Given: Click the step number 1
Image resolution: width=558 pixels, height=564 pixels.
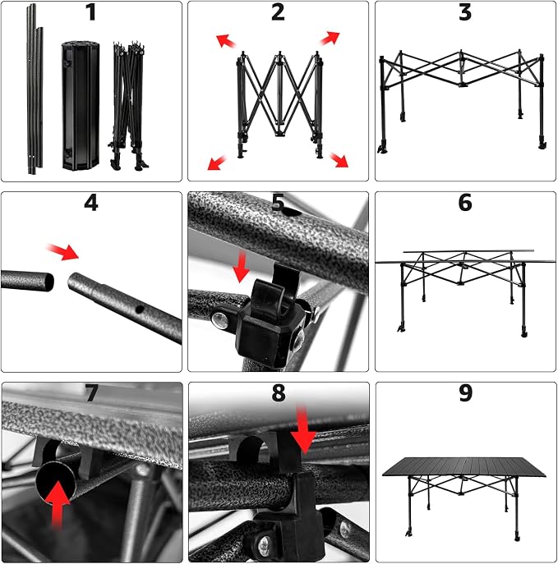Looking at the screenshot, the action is (x=90, y=11).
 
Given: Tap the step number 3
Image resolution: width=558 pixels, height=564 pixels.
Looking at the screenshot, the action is (x=465, y=11).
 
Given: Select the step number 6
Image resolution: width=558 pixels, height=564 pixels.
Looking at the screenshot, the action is (x=465, y=202).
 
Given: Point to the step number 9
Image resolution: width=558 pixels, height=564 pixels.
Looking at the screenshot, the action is (x=465, y=392).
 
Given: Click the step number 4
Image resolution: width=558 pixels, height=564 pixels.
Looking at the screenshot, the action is (x=90, y=203).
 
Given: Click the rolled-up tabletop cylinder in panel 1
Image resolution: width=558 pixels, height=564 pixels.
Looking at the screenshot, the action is (x=81, y=105).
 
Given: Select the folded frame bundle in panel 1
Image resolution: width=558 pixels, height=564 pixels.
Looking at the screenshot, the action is (x=128, y=105).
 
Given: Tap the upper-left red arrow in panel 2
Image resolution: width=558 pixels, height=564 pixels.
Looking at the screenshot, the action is (x=226, y=41).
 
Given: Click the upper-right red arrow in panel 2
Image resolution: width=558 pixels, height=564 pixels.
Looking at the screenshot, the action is (x=330, y=38).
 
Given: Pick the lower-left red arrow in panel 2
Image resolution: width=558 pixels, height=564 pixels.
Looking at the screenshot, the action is (x=217, y=163).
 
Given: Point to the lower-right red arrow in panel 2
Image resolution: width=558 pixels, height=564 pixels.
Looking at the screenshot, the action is (x=339, y=160).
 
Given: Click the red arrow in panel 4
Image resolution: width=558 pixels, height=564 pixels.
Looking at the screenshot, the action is (x=62, y=251).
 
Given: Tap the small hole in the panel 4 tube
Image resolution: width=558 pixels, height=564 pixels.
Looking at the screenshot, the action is (x=139, y=309).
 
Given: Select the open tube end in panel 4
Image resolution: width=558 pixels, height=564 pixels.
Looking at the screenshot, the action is (x=48, y=282).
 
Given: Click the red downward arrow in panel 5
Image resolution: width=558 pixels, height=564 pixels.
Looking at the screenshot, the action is (x=241, y=267).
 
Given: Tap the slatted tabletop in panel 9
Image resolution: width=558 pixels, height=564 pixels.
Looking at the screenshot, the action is (x=464, y=466).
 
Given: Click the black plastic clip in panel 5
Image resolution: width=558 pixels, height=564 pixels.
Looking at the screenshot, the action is (x=274, y=317).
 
